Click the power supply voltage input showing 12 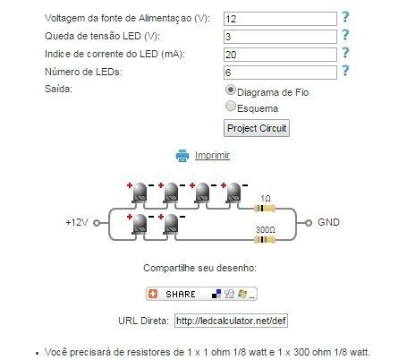(x=280, y=19)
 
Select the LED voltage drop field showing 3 (x=280, y=37)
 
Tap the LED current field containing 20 (x=280, y=55)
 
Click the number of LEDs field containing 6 (x=280, y=73)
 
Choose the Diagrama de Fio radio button (x=231, y=90)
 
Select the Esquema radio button (x=231, y=106)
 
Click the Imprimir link (x=212, y=155)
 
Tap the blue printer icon (x=182, y=156)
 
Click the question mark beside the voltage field (x=345, y=17)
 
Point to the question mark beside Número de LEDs (x=345, y=71)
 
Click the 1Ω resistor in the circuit (x=264, y=208)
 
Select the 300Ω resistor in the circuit (x=264, y=239)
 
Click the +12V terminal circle (x=97, y=223)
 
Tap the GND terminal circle (x=309, y=223)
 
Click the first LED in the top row (x=140, y=193)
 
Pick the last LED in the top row (x=233, y=193)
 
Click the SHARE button (x=201, y=294)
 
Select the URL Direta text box (x=231, y=321)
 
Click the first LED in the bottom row (x=140, y=225)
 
